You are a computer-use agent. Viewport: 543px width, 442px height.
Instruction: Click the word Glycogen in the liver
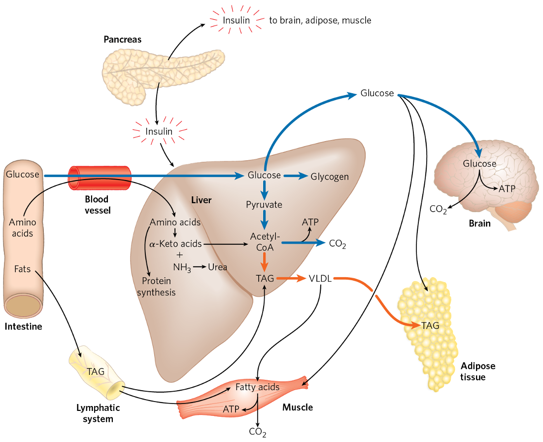(x=330, y=177)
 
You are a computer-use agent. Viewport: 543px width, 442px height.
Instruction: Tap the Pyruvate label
(x=264, y=204)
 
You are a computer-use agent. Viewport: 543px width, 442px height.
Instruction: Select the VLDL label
(x=321, y=279)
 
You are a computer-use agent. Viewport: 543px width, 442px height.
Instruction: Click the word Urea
(x=217, y=267)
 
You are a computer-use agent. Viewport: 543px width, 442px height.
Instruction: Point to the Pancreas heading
(x=122, y=39)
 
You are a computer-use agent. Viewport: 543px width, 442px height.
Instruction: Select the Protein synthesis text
(x=156, y=287)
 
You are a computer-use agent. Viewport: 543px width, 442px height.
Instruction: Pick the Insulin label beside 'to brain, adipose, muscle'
(x=236, y=20)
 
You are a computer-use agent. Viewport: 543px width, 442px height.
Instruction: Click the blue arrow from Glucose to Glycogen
(x=295, y=176)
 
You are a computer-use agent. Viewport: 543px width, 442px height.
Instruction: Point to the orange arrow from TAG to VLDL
(x=291, y=279)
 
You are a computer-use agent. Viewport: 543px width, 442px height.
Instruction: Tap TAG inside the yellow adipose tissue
(x=430, y=325)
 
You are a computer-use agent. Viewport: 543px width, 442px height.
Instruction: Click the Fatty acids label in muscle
(x=257, y=387)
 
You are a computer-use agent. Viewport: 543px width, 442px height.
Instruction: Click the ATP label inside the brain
(x=507, y=188)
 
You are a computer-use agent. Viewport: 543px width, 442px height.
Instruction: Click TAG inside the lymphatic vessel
(x=95, y=371)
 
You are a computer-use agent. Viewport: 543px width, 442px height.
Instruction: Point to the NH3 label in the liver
(x=181, y=267)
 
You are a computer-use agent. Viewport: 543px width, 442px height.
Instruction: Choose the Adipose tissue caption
(x=478, y=371)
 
